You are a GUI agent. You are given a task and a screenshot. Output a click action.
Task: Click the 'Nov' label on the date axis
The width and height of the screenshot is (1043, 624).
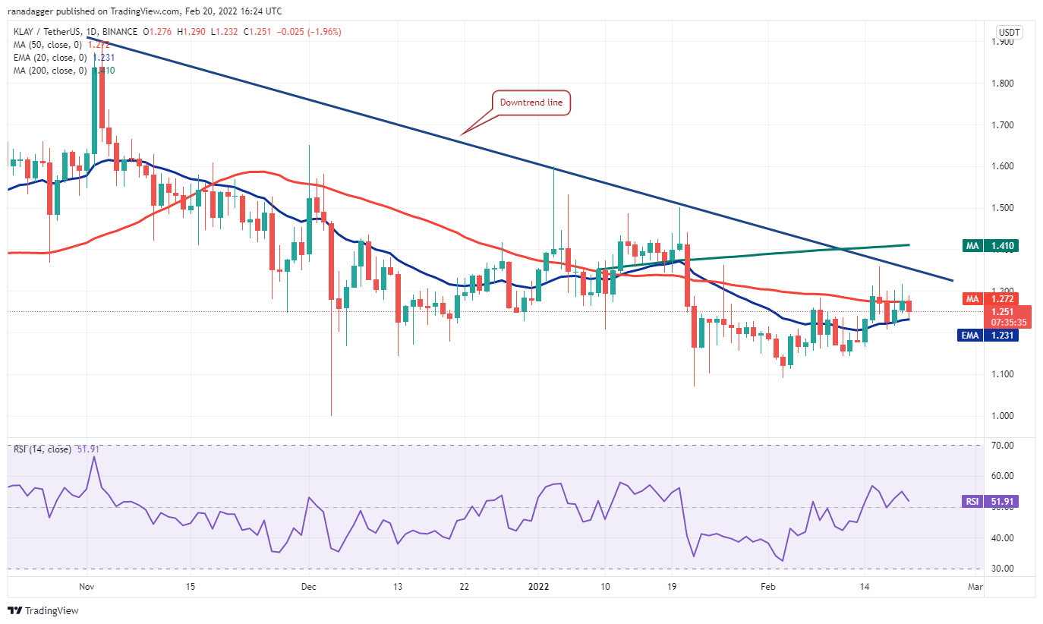[x=87, y=587]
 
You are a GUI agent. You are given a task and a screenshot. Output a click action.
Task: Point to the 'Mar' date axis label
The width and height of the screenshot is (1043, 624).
[x=975, y=587]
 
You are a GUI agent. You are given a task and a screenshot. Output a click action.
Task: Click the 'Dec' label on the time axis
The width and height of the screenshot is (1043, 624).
[x=308, y=587]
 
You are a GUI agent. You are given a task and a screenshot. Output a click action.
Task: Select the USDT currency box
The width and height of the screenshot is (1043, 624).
[x=1008, y=33]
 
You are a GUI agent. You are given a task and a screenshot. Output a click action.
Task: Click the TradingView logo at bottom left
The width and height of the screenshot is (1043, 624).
[x=43, y=610]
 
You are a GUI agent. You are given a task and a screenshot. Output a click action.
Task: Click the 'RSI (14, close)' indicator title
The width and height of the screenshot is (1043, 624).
[x=42, y=449]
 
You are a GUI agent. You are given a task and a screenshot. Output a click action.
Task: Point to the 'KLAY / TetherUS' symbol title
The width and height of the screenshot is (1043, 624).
[x=49, y=32]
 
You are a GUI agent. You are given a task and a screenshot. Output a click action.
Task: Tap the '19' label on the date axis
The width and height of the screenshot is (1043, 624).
[x=673, y=587]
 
